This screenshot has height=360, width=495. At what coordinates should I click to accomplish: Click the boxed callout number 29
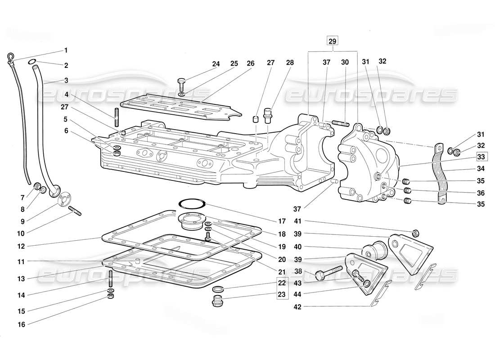click(x=332, y=41)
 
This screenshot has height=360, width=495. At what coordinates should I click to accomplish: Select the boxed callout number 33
click(x=481, y=157)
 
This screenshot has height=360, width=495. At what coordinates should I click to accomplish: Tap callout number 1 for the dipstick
click(x=66, y=50)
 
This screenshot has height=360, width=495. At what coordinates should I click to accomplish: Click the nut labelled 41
click(x=416, y=233)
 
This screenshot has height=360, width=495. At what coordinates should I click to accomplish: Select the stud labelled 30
click(x=342, y=122)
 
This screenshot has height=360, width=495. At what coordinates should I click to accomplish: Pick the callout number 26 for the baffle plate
click(x=251, y=64)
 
